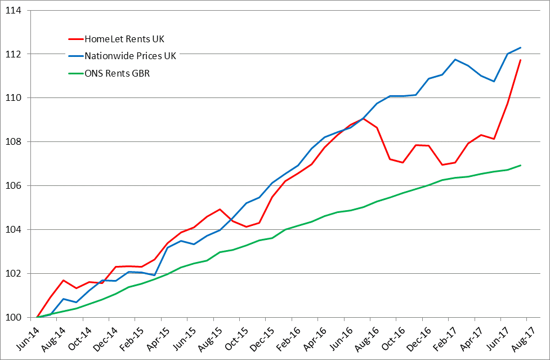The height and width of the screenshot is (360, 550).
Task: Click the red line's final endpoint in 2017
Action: (x=520, y=60)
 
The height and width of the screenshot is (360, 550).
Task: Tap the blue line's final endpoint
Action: (x=520, y=48)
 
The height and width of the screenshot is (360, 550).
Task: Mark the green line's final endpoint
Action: (x=520, y=165)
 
